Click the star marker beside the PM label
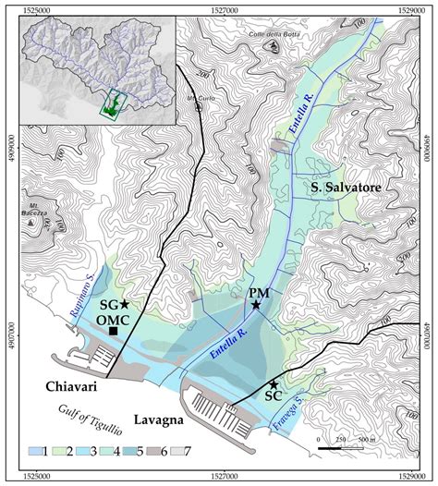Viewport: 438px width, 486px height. [256, 304]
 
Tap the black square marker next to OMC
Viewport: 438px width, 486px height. [114, 331]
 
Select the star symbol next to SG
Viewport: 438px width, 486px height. [124, 304]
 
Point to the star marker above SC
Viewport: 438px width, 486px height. [274, 384]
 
